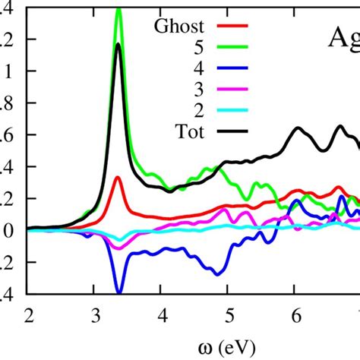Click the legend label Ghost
181,27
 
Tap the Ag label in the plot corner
341,38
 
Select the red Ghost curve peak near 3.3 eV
118,178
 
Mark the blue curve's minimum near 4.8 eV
218,273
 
